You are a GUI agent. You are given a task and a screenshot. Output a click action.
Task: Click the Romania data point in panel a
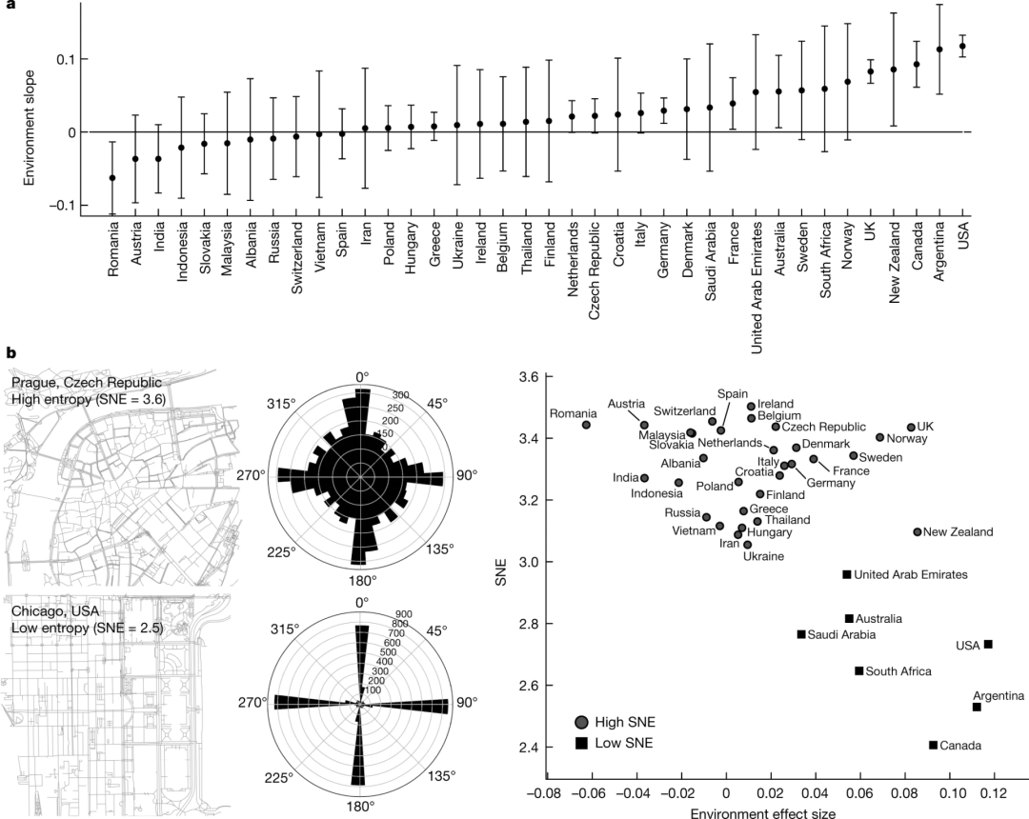112,177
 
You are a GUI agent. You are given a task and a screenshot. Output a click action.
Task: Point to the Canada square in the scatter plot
933,745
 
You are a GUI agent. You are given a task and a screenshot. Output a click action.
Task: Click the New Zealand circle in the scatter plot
917,531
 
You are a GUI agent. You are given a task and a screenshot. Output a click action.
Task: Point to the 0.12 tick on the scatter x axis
994,790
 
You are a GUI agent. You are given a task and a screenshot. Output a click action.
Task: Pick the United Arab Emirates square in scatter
846,574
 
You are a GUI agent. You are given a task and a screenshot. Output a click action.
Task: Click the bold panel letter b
10,352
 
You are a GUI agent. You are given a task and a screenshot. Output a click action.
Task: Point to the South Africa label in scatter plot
898,671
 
